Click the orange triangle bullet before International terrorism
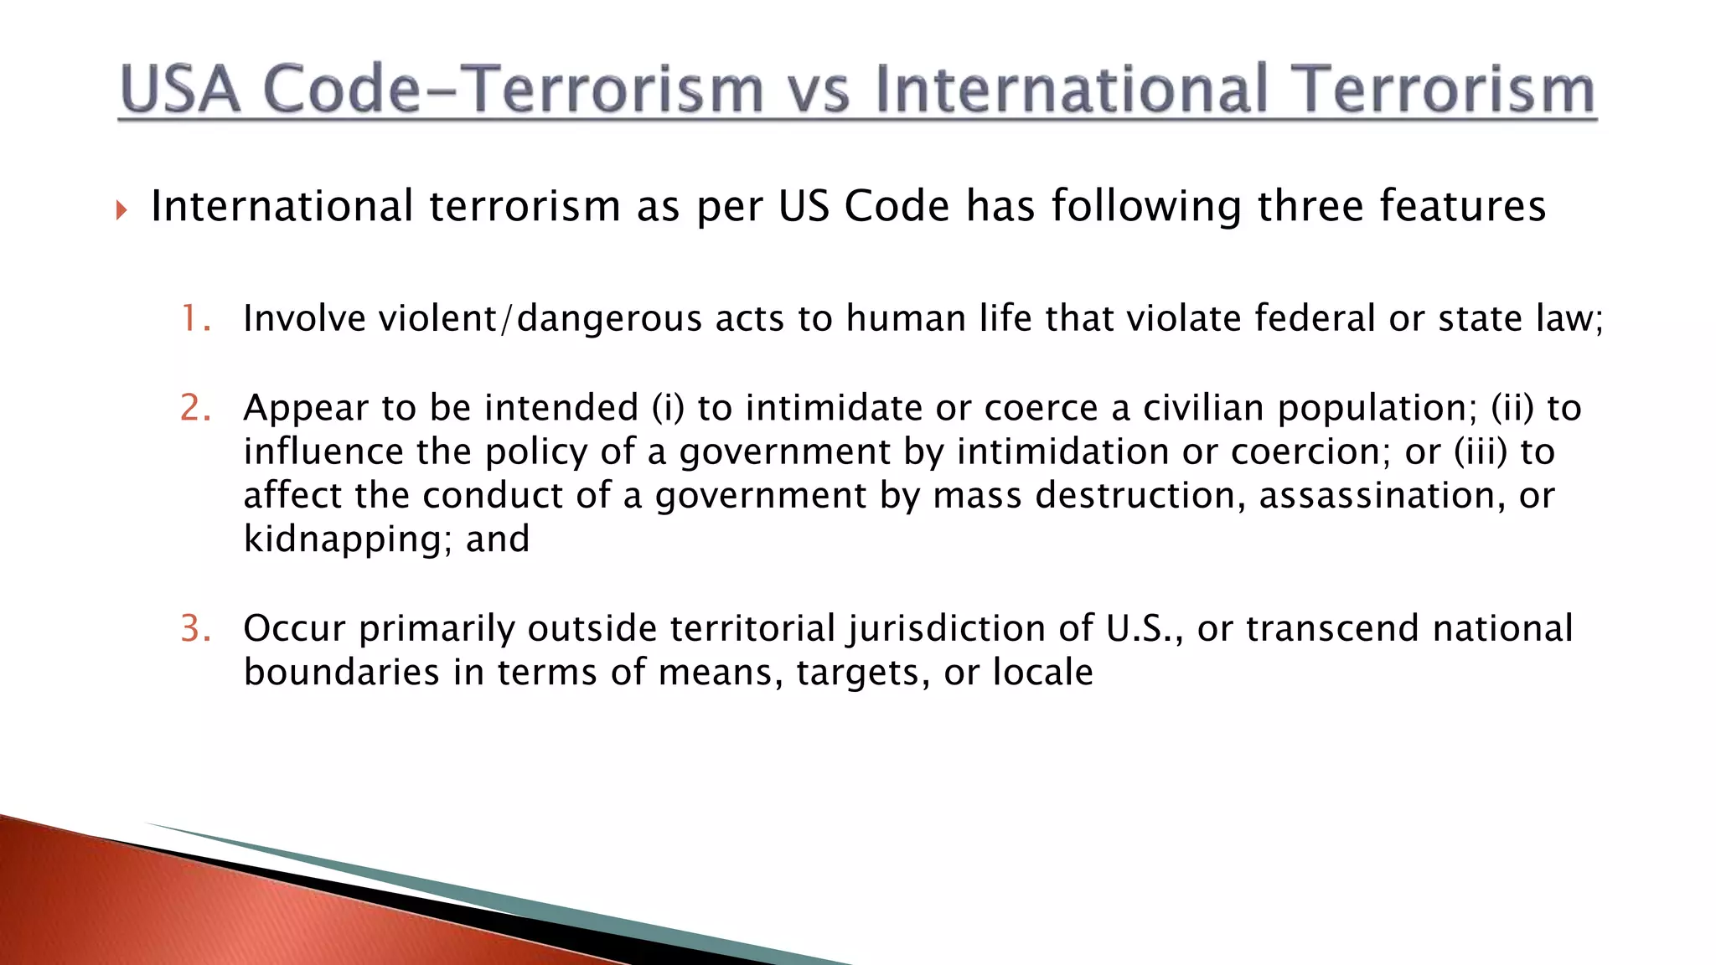tap(121, 209)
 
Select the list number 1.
tap(195, 319)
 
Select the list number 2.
tap(195, 408)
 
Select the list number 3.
tap(195, 628)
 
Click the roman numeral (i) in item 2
tap(668, 408)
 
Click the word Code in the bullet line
tap(897, 206)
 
